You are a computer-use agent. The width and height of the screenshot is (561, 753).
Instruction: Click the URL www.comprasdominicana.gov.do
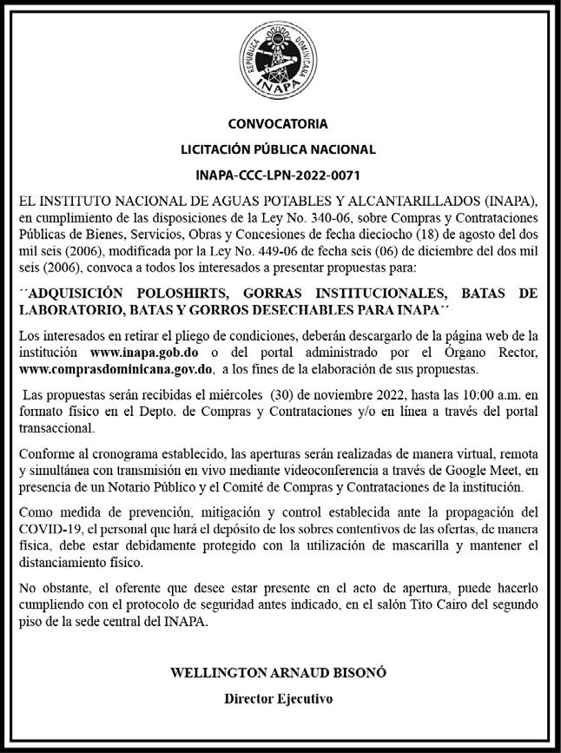coord(115,367)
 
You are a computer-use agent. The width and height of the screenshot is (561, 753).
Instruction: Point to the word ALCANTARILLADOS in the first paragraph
coord(368,201)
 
